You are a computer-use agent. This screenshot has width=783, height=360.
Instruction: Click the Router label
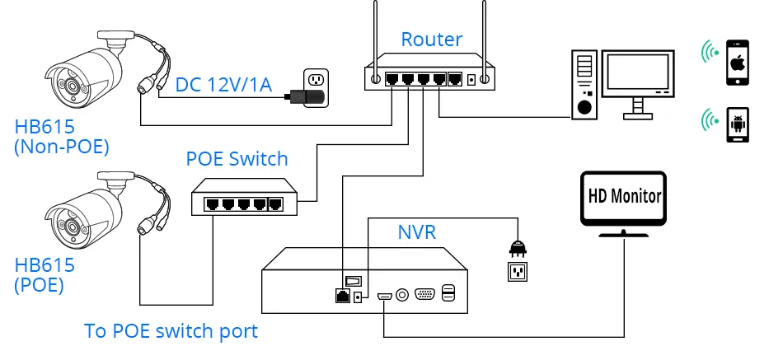[431, 40]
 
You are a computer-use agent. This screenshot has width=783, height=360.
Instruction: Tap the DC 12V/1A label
[223, 84]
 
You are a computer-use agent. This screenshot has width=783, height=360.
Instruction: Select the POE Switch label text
[237, 159]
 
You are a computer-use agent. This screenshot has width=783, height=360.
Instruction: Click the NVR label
[416, 232]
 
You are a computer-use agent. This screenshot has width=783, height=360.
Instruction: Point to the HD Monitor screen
[624, 199]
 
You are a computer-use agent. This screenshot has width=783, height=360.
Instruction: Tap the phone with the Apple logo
[738, 63]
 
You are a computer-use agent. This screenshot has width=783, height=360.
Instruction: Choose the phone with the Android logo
[738, 124]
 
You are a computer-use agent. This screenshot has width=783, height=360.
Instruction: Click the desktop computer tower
[584, 84]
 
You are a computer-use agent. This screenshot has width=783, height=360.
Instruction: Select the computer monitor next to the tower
[638, 83]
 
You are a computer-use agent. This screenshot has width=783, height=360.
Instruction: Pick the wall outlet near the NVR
[518, 271]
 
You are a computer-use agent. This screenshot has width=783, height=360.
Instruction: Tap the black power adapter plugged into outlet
[304, 96]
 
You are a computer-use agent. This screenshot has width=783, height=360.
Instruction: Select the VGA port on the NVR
[424, 295]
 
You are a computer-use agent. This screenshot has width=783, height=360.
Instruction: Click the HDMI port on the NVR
[385, 297]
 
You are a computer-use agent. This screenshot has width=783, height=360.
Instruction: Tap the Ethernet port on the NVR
[343, 295]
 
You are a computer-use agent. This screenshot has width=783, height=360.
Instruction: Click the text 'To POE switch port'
[171, 331]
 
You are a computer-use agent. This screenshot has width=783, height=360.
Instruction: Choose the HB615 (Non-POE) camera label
[62, 136]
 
